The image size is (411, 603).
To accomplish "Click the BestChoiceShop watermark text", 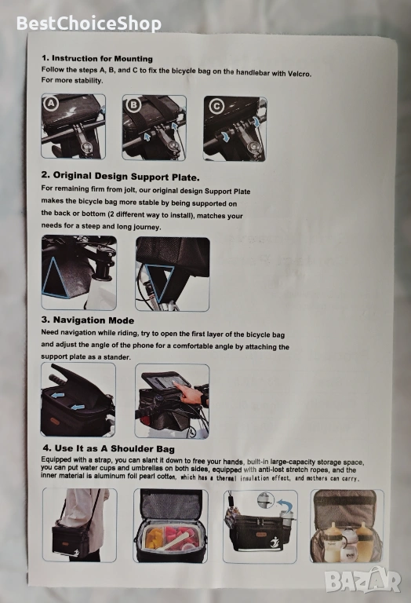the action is [89, 24].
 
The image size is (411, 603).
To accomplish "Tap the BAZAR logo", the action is [362, 580].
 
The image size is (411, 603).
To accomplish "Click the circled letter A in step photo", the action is [52, 103].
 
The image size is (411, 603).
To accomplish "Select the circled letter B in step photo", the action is [133, 104].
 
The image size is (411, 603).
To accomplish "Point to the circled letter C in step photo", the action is [216, 106].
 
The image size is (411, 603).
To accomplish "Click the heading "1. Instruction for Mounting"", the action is [97, 58].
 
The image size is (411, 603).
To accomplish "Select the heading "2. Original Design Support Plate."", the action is [120, 177].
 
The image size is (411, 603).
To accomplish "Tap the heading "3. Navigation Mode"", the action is [88, 320].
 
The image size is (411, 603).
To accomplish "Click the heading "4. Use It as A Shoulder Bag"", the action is [109, 448].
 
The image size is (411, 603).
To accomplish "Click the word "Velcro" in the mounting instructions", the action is [299, 73].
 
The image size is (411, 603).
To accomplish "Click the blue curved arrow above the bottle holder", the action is [285, 505].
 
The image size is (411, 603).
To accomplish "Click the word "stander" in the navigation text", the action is [117, 357].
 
